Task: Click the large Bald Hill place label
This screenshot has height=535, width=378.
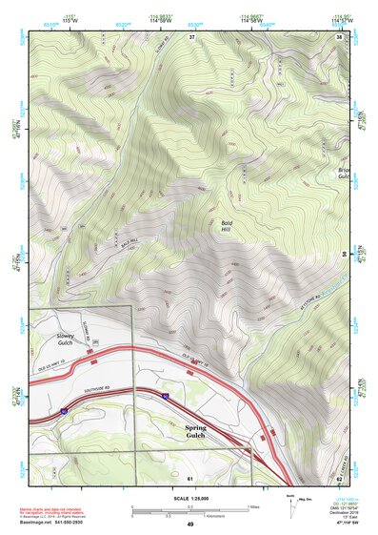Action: click(x=226, y=226)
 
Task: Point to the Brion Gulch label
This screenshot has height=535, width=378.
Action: click(x=345, y=174)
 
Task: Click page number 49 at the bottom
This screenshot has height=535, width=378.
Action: click(x=189, y=525)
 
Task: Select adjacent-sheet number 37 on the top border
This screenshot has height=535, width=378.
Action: click(x=191, y=36)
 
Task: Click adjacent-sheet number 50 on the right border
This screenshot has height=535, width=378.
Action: click(x=344, y=253)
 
